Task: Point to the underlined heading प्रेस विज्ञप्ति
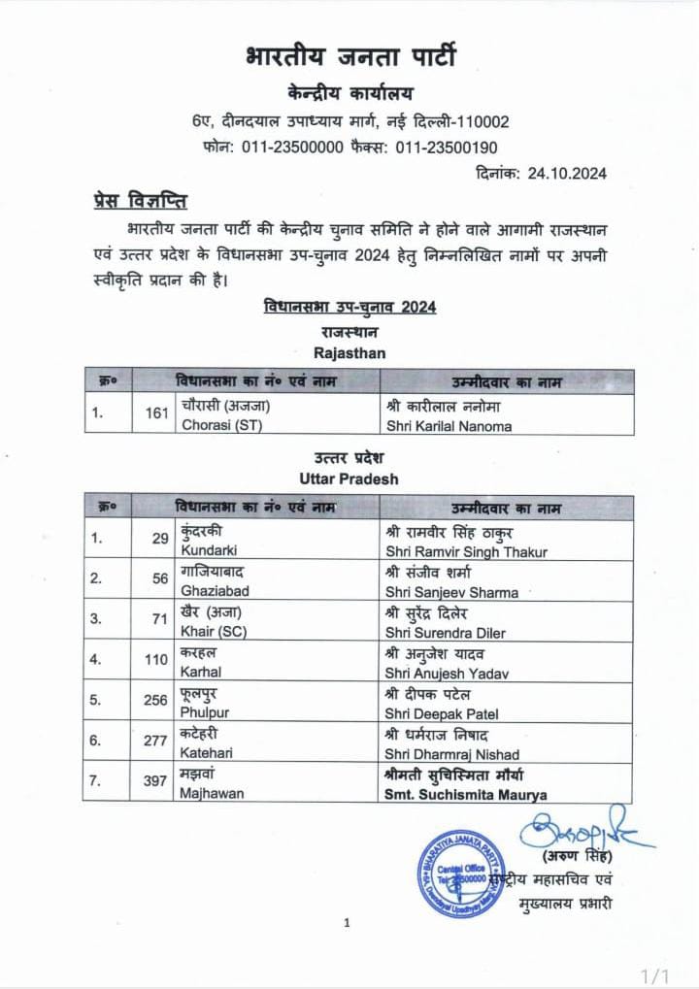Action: (134, 202)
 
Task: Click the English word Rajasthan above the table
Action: (349, 353)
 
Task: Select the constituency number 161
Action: (157, 415)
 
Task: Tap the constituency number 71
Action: (160, 618)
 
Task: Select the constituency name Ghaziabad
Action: (210, 591)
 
